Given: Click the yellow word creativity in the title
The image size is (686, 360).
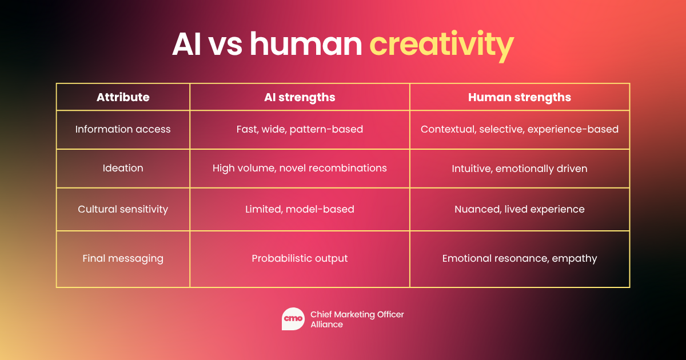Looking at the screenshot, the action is [x=441, y=45].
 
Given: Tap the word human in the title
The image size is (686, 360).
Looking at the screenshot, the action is [x=306, y=44].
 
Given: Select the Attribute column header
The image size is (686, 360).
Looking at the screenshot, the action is [x=123, y=97].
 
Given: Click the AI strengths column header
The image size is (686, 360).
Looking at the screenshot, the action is [x=300, y=97].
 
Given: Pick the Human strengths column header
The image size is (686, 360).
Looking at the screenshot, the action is [x=520, y=97].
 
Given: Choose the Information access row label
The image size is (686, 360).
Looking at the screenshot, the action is [x=123, y=129].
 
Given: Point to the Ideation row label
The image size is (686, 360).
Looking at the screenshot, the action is [x=123, y=168].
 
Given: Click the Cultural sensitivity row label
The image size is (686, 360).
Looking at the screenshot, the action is [x=123, y=209].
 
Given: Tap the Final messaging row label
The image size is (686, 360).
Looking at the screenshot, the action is [x=123, y=258].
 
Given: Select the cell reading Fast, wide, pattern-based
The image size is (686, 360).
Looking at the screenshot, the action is [x=300, y=129].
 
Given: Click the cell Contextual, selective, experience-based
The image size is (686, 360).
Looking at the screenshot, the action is [x=520, y=129].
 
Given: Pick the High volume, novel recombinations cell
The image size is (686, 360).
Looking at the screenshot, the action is [x=300, y=168].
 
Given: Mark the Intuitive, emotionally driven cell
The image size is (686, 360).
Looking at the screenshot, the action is [x=520, y=169].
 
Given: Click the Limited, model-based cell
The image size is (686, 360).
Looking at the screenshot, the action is [x=300, y=209].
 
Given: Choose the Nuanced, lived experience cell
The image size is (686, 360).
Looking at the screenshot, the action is [x=520, y=209].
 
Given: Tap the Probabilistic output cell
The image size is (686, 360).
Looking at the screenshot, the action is [x=300, y=258].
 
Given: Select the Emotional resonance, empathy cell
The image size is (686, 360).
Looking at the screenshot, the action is [x=520, y=258].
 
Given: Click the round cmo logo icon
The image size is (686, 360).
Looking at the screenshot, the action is [x=293, y=319].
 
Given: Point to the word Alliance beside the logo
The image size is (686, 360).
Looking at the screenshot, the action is [x=326, y=325].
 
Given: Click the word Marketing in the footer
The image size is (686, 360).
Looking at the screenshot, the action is [x=354, y=315].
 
